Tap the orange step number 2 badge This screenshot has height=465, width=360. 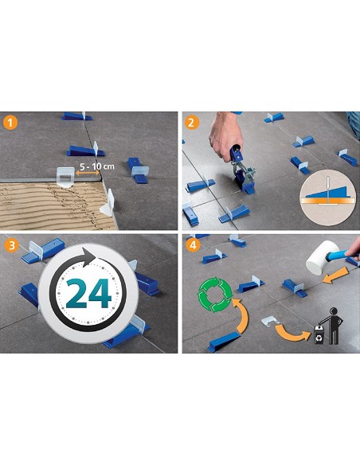coord(191,123)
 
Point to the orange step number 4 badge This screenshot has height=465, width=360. coord(191,244)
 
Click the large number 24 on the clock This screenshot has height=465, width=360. coord(88,294)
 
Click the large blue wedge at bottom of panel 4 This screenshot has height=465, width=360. coord(231,342)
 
